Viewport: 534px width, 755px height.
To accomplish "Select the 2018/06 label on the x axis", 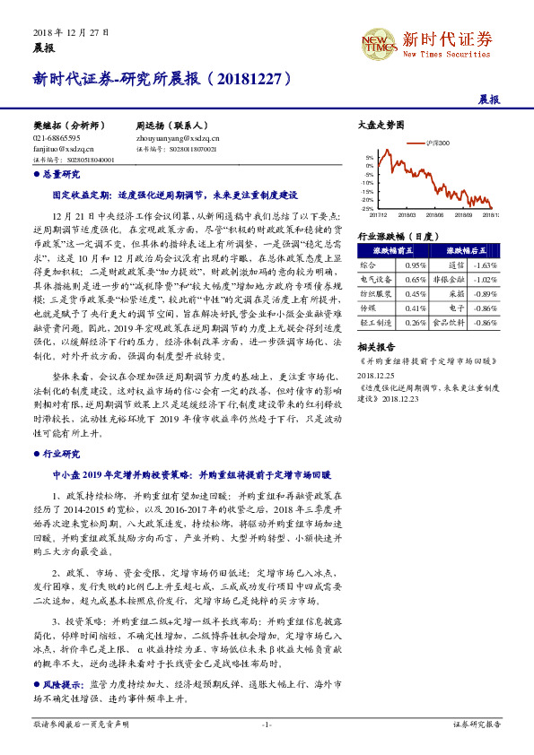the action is [434, 215].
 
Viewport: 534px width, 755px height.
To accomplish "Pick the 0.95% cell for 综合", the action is [414, 265].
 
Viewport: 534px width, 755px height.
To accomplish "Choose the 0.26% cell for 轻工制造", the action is [414, 321].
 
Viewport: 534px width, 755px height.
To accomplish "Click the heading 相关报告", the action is [376, 345].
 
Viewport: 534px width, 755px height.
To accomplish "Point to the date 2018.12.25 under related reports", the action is [376, 376].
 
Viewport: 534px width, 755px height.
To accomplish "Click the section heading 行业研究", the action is [61, 454].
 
